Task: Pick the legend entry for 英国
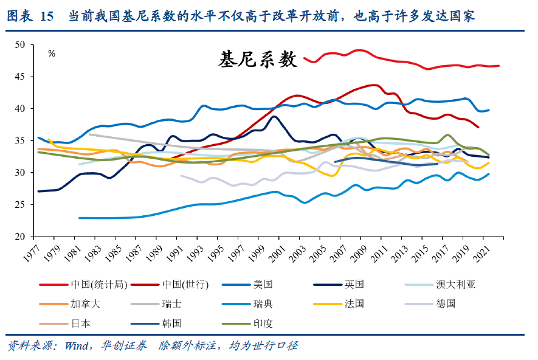353,284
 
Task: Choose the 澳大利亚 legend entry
454,284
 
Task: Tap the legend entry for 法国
353,304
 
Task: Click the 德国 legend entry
445,304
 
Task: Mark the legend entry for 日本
80,324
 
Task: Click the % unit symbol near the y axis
52,54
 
